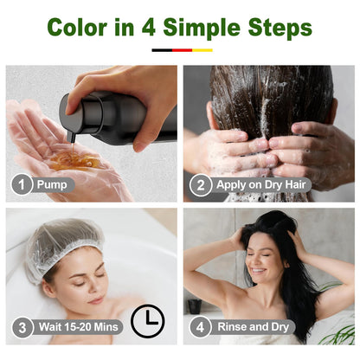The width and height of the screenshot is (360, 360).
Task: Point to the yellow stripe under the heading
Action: click(x=202, y=50)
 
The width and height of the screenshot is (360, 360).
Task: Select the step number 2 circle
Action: click(x=202, y=184)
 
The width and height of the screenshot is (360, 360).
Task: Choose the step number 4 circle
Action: click(x=202, y=327)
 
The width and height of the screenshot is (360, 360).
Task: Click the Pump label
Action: click(x=55, y=184)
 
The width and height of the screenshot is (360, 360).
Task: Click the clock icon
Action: click(x=147, y=321)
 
